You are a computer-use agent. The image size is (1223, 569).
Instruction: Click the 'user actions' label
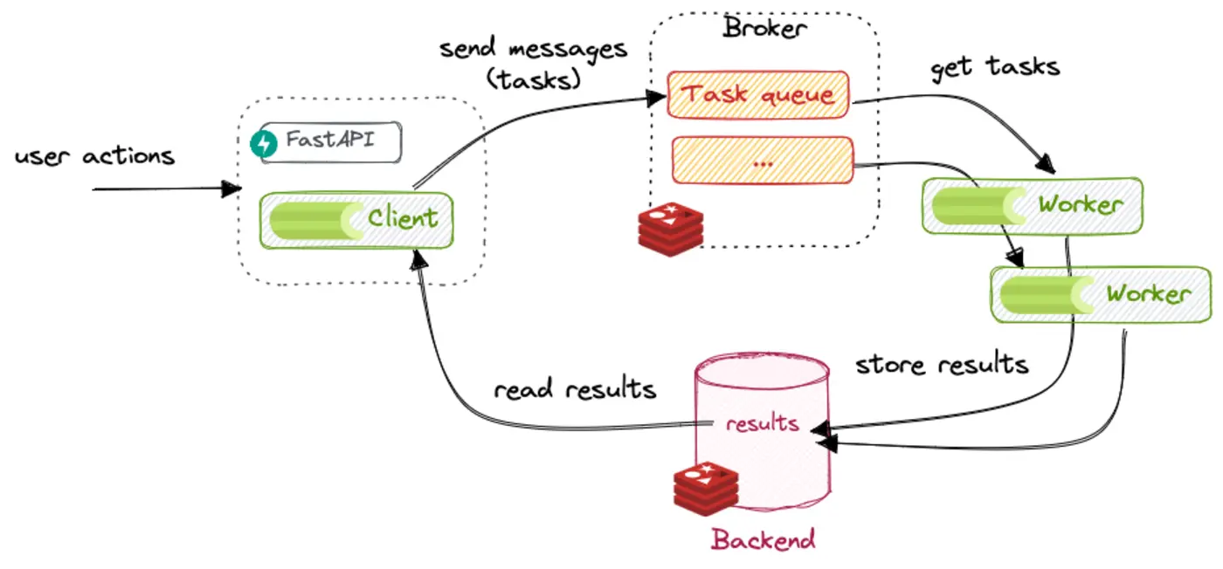click(94, 156)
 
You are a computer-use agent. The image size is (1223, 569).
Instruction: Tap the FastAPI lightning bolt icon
click(262, 144)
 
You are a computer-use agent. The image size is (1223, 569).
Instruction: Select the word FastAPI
click(330, 141)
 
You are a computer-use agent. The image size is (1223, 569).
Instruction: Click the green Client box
click(356, 219)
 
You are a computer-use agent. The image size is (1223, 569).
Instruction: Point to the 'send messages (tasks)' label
click(533, 63)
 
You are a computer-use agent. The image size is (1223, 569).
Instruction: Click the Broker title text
click(764, 28)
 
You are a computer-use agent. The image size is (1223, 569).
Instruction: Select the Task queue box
click(758, 94)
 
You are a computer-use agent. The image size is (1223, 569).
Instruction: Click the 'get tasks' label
click(995, 66)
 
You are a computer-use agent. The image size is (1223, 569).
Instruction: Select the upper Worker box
click(1032, 205)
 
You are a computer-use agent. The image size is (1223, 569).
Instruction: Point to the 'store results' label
click(942, 363)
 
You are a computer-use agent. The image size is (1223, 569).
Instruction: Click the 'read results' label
click(575, 388)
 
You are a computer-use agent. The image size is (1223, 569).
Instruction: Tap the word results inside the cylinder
click(762, 423)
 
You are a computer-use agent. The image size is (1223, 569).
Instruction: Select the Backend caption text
click(763, 538)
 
